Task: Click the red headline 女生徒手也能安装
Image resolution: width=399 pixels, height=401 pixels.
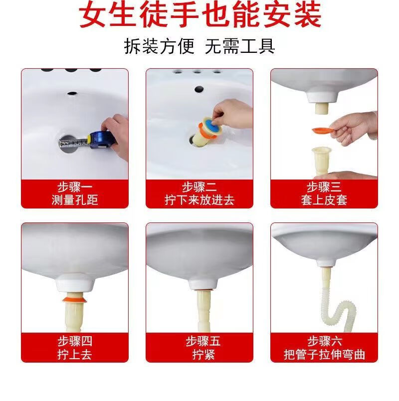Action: [200, 15]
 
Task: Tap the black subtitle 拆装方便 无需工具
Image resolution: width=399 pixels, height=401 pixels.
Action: [199, 46]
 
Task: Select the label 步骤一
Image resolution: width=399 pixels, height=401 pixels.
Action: [75, 187]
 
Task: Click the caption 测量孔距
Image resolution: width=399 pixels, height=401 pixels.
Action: [75, 200]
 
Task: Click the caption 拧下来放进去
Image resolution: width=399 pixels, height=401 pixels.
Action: [199, 200]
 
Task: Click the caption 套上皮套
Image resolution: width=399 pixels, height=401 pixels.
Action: [324, 200]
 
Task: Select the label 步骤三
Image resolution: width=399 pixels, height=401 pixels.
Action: [324, 187]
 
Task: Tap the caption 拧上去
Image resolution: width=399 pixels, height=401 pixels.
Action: [75, 355]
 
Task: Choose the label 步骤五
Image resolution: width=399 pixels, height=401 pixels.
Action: [203, 341]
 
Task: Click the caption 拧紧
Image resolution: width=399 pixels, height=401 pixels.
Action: [203, 355]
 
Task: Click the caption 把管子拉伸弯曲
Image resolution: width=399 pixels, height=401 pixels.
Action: [324, 355]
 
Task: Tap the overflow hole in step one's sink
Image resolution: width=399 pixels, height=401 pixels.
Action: [73, 93]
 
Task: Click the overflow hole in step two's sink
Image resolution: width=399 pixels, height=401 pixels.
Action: [199, 89]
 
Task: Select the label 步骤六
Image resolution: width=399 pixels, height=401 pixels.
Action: [325, 341]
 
